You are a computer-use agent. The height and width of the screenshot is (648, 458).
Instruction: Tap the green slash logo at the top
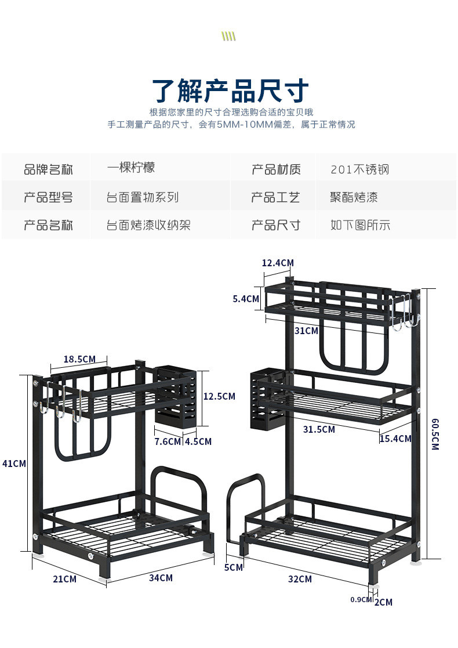click(x=229, y=37)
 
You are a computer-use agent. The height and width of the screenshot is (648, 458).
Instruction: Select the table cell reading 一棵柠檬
click(x=131, y=168)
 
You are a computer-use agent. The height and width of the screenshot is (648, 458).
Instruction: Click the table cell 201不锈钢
click(x=359, y=169)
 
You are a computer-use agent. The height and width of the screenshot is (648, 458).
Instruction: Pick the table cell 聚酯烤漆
click(x=354, y=197)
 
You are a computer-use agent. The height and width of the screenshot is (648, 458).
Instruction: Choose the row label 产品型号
click(x=48, y=197)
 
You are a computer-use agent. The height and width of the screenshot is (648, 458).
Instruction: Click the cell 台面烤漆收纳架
click(x=148, y=225)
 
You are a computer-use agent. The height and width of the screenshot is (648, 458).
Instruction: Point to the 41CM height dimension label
click(x=14, y=464)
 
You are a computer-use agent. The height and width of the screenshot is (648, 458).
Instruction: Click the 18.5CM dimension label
click(x=79, y=359)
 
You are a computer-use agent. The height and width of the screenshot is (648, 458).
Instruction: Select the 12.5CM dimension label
click(x=219, y=396)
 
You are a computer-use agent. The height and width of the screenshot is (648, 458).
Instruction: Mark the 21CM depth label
click(x=64, y=578)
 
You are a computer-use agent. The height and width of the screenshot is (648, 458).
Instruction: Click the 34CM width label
click(x=161, y=578)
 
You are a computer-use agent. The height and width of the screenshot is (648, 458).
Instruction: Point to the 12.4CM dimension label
click(x=278, y=263)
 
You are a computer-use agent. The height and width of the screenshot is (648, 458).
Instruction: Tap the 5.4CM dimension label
click(x=246, y=299)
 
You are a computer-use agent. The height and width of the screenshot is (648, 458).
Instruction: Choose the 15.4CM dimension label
click(x=395, y=439)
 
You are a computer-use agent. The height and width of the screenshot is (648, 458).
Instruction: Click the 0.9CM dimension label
click(x=361, y=599)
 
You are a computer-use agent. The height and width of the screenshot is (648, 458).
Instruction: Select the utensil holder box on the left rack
click(x=175, y=396)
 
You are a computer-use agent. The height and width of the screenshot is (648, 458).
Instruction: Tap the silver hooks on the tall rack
click(x=401, y=312)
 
